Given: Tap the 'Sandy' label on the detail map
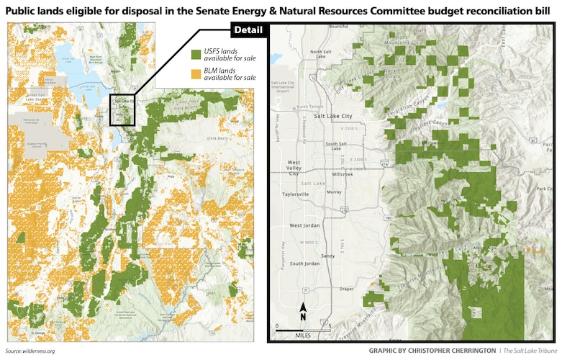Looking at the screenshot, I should coord(328,256).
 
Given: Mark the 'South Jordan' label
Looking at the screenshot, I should coord(305,264).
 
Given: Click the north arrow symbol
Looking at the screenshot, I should coord(303,312).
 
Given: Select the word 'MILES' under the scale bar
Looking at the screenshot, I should coord(303,336).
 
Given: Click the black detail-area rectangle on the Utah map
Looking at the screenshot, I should coord(123,110).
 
